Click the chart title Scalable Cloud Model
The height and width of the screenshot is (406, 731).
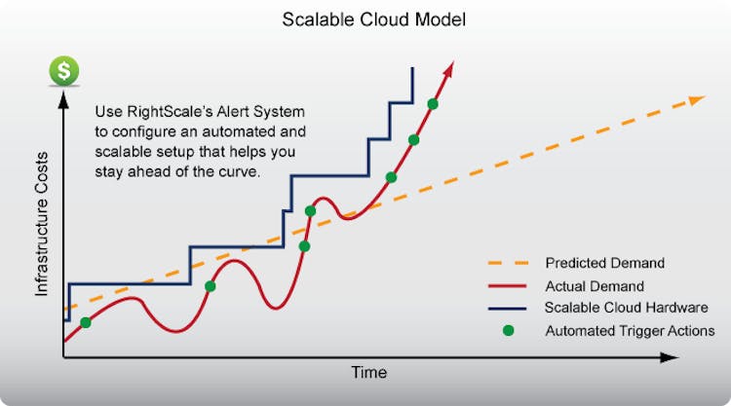pos(365,18)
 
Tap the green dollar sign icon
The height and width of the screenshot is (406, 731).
pos(65,71)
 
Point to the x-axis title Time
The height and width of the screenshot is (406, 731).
pos(369,372)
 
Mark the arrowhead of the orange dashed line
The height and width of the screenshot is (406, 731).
pos(697,99)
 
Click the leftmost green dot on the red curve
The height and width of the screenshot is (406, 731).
pos(86,322)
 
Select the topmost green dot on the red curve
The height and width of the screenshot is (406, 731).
pos(433,104)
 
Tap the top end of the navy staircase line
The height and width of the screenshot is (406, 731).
pos(412,68)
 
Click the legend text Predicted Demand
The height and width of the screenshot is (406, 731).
pos(604,263)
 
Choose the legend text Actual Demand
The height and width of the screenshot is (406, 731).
pos(595,286)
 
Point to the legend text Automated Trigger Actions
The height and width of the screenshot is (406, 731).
pos(630,331)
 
